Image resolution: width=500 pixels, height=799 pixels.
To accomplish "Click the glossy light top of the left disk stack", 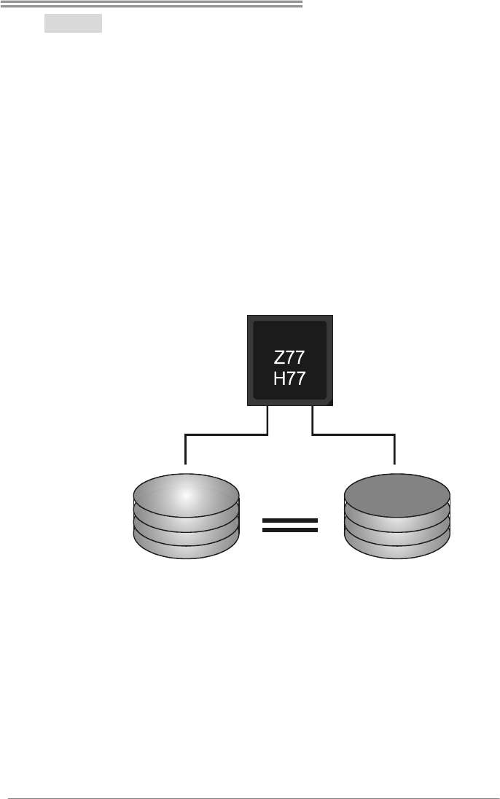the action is pos(186,496).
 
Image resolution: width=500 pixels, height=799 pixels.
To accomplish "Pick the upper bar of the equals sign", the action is pos(290,521).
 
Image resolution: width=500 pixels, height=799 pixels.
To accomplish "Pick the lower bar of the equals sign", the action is pos(290,530).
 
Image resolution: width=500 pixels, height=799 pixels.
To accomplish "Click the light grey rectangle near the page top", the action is pos(73,23).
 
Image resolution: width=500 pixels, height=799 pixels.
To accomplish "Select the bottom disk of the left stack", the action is pos(186,548).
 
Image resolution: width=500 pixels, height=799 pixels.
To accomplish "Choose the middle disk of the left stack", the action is pos(186,530).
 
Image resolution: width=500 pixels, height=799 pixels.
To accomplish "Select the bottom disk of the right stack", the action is pos(397,548).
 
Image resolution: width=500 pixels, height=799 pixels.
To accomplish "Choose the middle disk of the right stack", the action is pos(397,530).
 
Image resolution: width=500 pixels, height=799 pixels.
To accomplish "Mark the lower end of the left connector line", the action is pos(187,462).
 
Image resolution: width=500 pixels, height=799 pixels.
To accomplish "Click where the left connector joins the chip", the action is pos(269,408).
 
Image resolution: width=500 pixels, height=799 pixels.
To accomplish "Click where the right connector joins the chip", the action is pos(313,408).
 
